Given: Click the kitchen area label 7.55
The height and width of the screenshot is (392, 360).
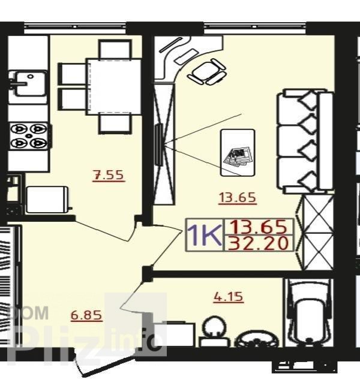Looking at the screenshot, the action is [x=109, y=175].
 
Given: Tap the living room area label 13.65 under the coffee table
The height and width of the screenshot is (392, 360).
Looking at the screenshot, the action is [x=238, y=198].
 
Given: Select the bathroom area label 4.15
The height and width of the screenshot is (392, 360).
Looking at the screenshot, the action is [x=229, y=297].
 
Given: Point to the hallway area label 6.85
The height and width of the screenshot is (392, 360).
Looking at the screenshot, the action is [x=86, y=315].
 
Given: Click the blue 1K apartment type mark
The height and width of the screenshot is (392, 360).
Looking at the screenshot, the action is [x=205, y=235].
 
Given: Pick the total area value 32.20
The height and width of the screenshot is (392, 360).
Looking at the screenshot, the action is [x=258, y=243].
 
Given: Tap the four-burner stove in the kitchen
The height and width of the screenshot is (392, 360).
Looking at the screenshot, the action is [x=29, y=135].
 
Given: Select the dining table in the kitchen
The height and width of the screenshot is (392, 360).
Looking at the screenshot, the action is [x=113, y=86].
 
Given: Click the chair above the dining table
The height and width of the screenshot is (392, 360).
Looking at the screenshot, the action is [x=115, y=49].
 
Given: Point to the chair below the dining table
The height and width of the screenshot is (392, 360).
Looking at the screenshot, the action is [x=115, y=123].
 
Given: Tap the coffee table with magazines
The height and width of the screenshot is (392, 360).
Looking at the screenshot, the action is [x=238, y=152].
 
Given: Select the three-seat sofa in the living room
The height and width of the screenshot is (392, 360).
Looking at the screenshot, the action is [x=305, y=141].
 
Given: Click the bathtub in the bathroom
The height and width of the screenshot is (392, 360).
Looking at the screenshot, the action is [x=309, y=313].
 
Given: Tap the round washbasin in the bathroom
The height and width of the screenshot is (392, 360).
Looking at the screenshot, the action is [x=214, y=328].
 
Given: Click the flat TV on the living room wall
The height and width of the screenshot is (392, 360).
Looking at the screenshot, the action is [x=159, y=144].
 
